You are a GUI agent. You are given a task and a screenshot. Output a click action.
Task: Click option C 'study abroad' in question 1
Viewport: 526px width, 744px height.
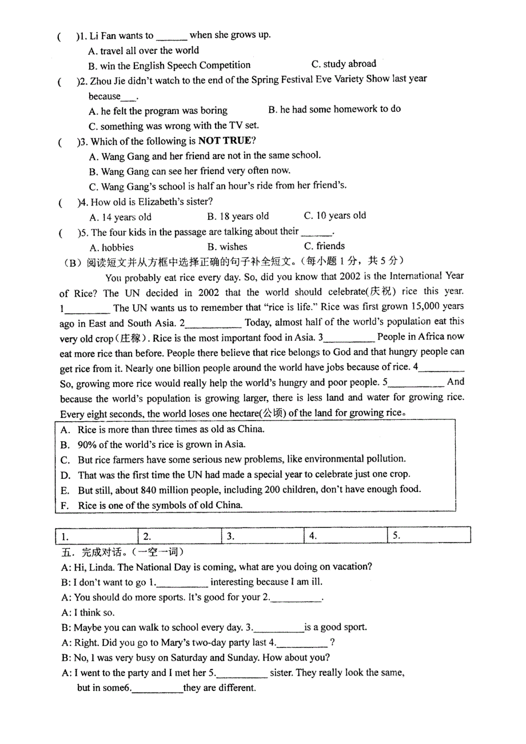pos(344,64)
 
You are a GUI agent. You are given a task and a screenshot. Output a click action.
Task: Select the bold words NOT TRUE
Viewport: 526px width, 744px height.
pos(224,141)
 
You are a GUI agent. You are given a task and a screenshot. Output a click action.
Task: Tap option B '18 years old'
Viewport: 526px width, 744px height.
pos(238,217)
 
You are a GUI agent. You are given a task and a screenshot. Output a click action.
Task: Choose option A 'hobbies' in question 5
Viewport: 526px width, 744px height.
pos(111,247)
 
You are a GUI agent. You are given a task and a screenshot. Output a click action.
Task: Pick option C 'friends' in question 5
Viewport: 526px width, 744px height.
pos(324,246)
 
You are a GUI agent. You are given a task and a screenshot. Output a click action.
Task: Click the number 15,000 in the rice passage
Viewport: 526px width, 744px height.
pos(416,307)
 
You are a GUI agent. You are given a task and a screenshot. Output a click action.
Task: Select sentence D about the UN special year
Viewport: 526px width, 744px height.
pos(244,474)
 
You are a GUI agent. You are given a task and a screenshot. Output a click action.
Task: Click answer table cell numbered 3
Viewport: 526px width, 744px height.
pos(262,536)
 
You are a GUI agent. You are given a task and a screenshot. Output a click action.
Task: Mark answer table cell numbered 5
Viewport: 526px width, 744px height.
pos(429,535)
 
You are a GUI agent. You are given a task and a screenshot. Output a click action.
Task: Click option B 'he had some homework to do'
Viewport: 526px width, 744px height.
pos(334,109)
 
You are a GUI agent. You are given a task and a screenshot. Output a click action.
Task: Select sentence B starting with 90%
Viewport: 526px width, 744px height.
pos(161,444)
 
